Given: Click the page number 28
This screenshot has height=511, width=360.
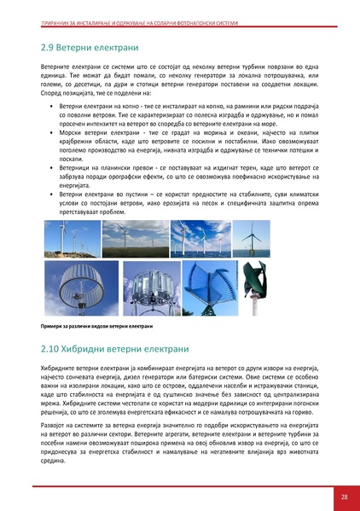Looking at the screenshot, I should pos(344,496).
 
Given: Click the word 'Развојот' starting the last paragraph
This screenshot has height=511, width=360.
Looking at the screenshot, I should pos(55,420).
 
